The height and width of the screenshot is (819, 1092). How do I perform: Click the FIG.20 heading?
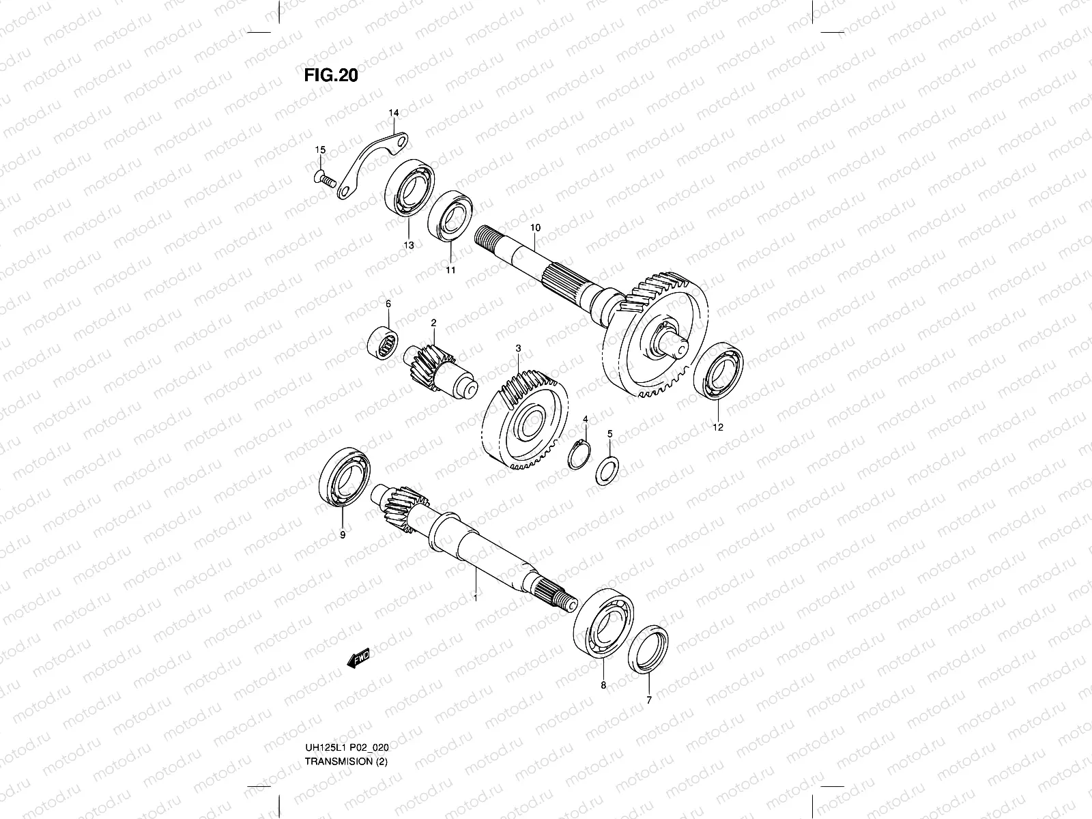[x=330, y=75]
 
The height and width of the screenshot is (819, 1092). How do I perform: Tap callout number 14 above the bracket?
[x=394, y=112]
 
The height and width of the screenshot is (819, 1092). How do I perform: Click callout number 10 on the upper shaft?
[x=534, y=227]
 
